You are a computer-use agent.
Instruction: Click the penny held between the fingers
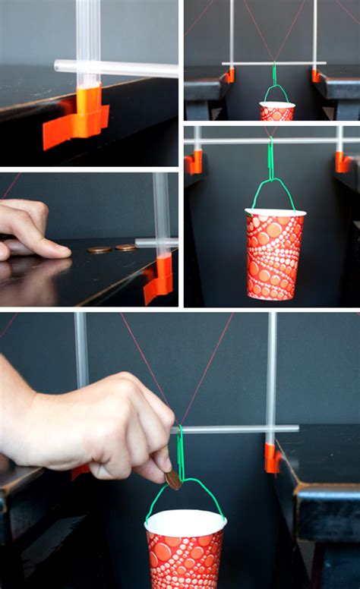[173, 478]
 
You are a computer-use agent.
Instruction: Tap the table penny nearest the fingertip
[99, 249]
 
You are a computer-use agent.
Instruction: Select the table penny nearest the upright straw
[125, 247]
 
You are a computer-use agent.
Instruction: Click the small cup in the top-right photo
[276, 111]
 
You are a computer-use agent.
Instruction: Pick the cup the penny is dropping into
[186, 550]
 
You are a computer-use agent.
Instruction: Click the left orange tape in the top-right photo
[230, 75]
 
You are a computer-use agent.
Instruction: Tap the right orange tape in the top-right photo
[315, 75]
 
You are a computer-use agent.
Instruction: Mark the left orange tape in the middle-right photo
[194, 162]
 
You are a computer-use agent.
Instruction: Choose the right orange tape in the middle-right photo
[342, 162]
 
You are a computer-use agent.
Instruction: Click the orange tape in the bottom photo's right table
[271, 458]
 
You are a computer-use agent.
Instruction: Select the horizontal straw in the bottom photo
[235, 429]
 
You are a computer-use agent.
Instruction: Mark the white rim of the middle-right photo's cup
[274, 213]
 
